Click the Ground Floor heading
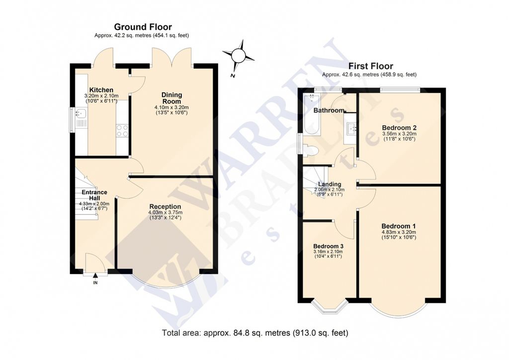click(143, 27)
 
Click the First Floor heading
click(370, 66)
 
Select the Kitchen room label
click(101, 90)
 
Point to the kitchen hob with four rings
click(122, 130)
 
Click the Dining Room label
click(171, 98)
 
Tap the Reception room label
click(165, 206)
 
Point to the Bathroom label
click(329, 110)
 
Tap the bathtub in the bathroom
click(312, 114)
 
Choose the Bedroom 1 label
click(398, 226)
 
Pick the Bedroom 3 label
click(328, 246)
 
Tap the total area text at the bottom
click(255, 333)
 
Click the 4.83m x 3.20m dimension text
click(398, 232)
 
